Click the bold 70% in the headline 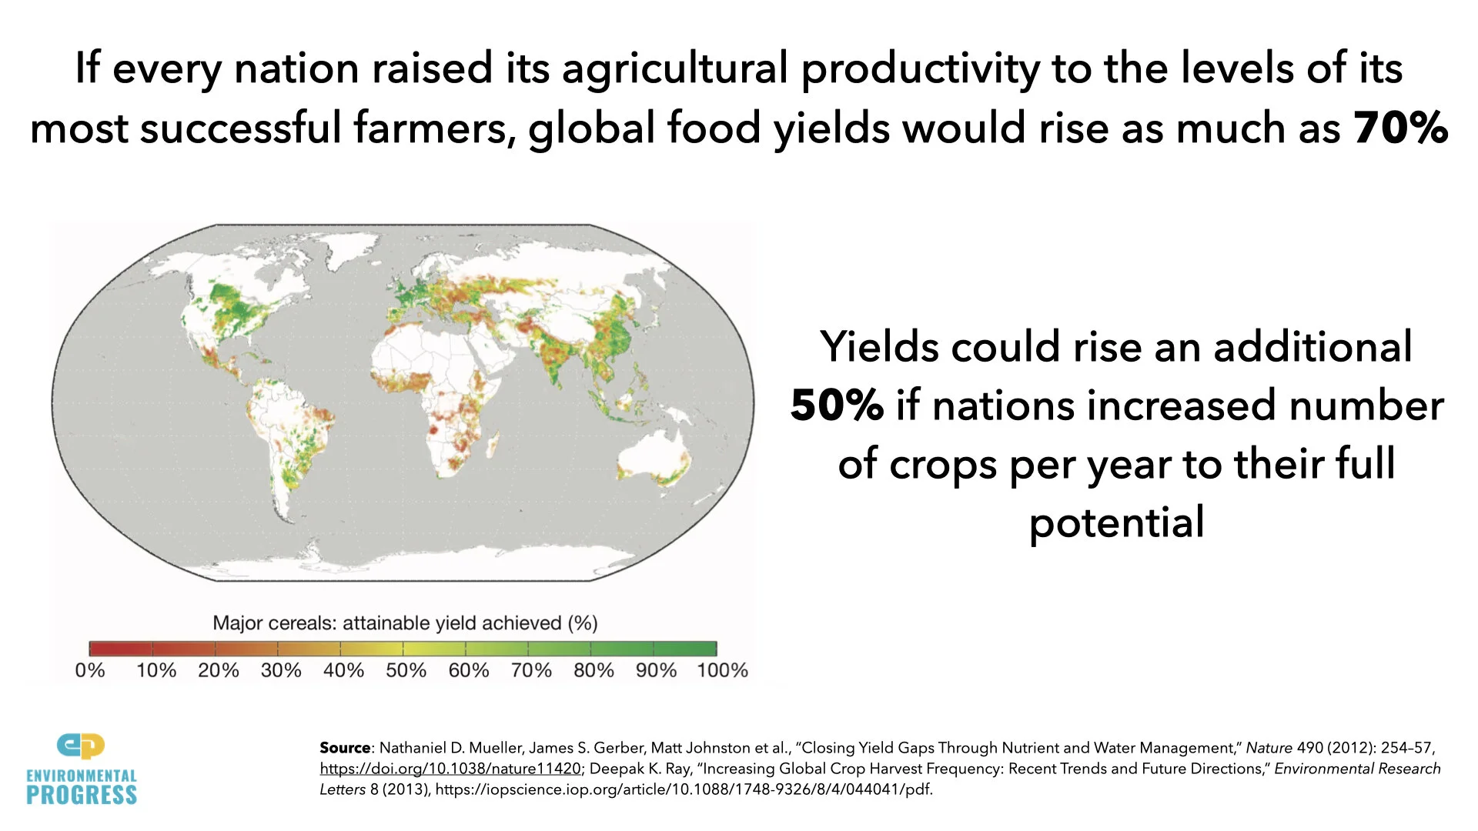coord(1400,128)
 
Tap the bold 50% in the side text coord(837,405)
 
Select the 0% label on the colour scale coord(90,670)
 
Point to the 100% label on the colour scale coord(722,670)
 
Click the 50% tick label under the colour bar coord(406,670)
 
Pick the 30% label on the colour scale coord(281,670)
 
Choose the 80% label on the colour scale coord(594,670)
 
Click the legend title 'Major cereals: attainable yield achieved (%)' coord(405,622)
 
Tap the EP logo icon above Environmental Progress coord(81,746)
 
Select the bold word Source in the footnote coord(345,748)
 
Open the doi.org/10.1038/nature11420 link coord(450,769)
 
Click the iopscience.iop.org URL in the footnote coord(684,789)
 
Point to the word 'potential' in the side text coord(1116,523)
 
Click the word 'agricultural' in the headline coord(675,68)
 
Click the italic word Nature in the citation coord(1269,748)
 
